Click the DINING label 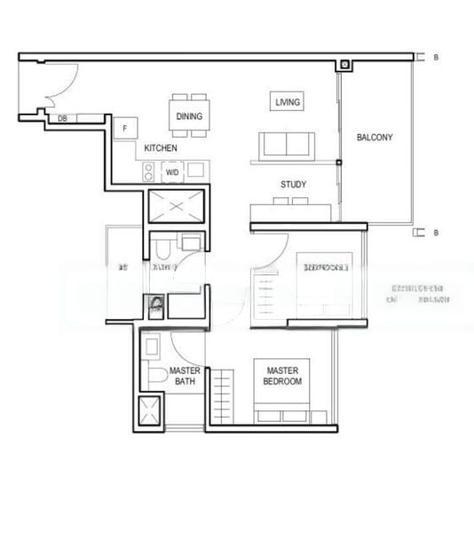[x=188, y=116]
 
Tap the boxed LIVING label [x=288, y=102]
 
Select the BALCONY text [x=374, y=138]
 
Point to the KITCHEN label [x=161, y=148]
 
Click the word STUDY [x=294, y=185]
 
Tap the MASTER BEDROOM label [x=282, y=376]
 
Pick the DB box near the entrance [x=63, y=118]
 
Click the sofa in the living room [x=285, y=144]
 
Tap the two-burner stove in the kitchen [x=149, y=171]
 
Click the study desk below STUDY [x=293, y=210]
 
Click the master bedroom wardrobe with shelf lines [x=223, y=395]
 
